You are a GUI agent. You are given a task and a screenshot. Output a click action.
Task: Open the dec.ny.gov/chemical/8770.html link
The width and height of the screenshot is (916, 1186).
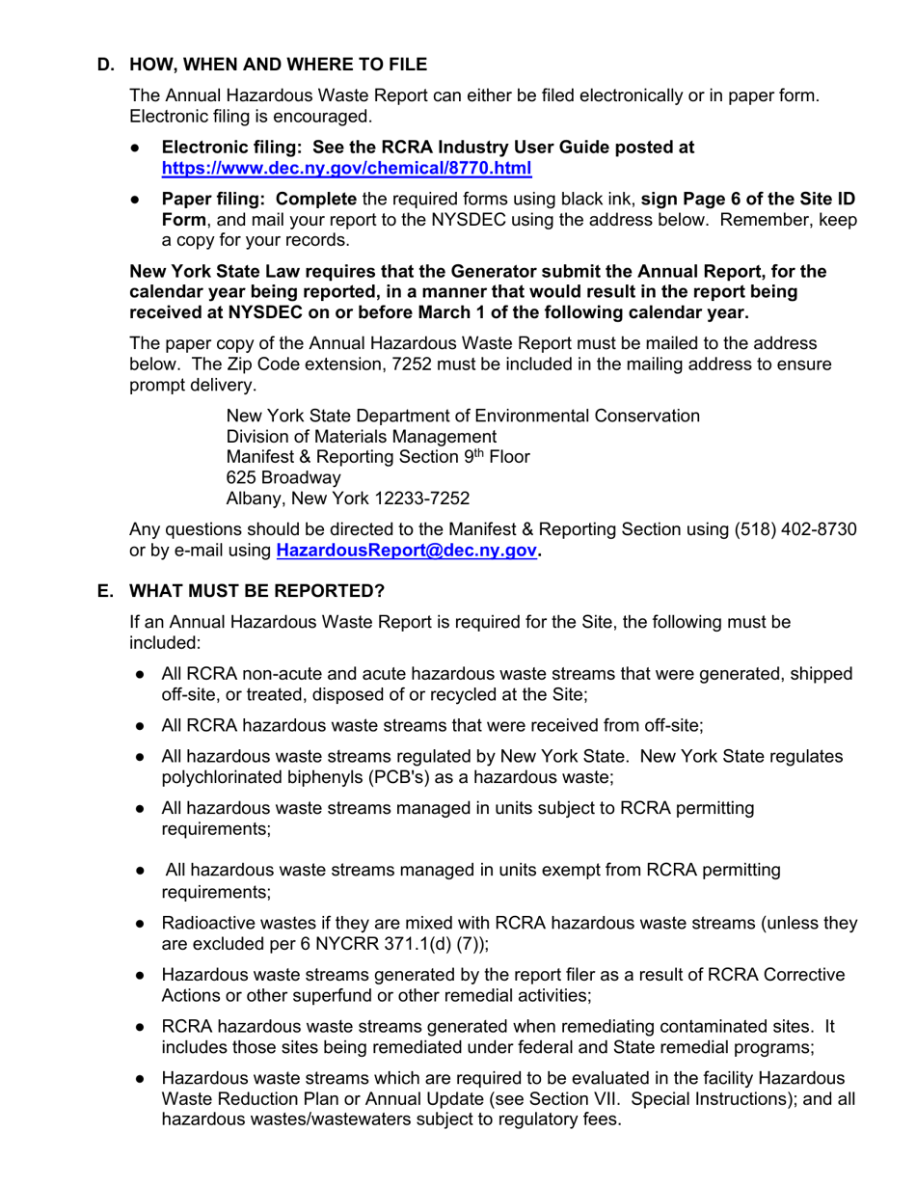pos(346,168)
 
